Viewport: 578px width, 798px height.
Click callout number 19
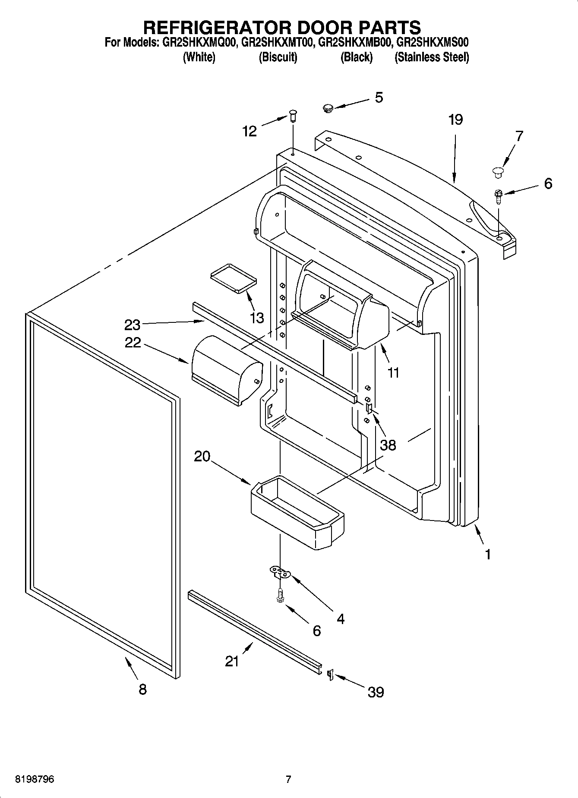pyautogui.click(x=455, y=120)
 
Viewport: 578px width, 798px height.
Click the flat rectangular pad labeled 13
pyautogui.click(x=233, y=279)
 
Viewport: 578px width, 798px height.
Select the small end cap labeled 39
pyautogui.click(x=330, y=674)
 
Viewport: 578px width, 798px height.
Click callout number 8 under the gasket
pyautogui.click(x=142, y=689)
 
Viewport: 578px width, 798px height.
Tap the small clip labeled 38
pyautogui.click(x=369, y=408)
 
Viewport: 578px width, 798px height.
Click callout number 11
pyautogui.click(x=393, y=372)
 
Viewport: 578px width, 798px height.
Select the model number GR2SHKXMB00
pyautogui.click(x=354, y=42)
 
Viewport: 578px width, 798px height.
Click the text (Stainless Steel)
pyautogui.click(x=431, y=57)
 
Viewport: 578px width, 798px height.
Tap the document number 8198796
pyautogui.click(x=35, y=780)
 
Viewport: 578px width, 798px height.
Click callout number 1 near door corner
pyautogui.click(x=488, y=554)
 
